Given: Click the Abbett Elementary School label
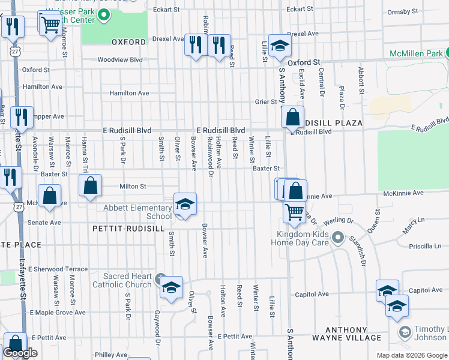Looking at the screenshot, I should click(137, 212).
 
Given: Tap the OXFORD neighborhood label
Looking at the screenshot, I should click(128, 42).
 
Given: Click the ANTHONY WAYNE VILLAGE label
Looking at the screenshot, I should click(354, 334).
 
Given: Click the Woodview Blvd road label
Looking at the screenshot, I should click(120, 60).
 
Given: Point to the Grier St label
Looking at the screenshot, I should click(265, 102).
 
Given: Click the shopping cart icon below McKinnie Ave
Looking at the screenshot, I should click(294, 211).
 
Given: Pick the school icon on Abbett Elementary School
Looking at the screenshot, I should click(185, 205).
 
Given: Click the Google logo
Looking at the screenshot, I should click(20, 353).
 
